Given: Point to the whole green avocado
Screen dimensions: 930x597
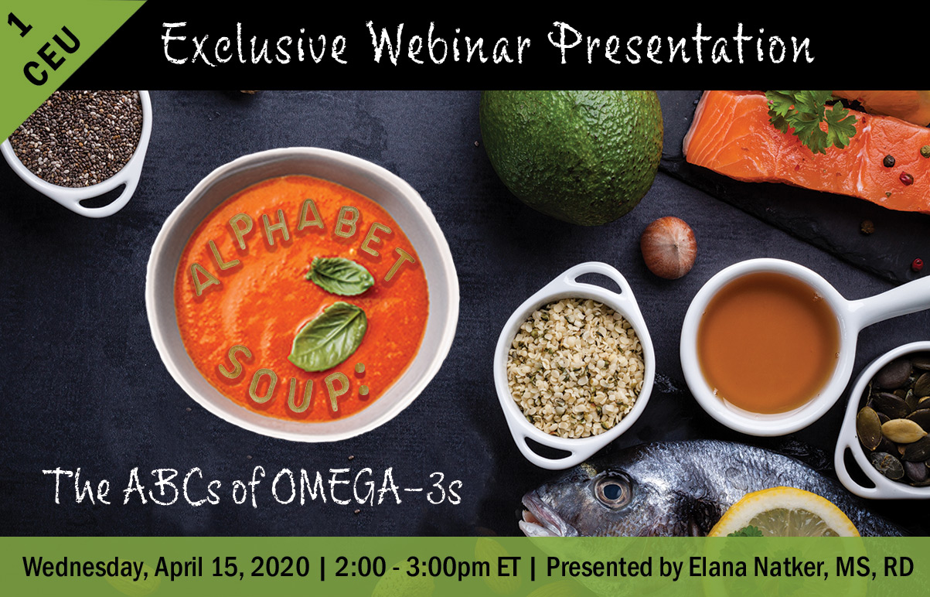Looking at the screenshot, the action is [571, 157].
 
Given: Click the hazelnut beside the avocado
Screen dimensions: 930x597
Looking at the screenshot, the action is [668, 247].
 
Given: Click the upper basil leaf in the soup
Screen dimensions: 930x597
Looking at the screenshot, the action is [340, 276].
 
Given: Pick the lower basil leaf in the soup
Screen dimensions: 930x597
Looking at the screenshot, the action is [329, 336].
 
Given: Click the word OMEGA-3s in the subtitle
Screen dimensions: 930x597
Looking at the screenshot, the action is [366, 489].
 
